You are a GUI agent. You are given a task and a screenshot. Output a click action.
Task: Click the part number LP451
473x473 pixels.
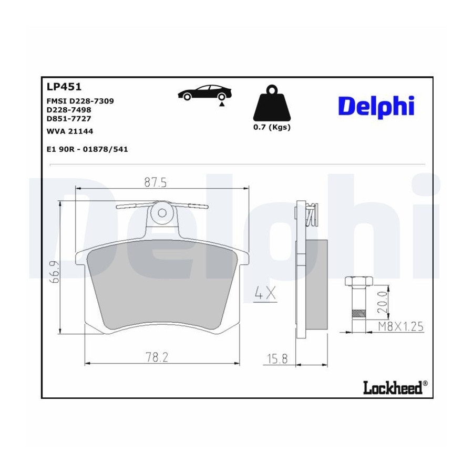(64, 87)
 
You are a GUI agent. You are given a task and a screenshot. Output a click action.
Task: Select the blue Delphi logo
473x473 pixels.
(376, 107)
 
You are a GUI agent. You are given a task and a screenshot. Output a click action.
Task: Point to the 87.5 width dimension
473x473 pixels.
(156, 182)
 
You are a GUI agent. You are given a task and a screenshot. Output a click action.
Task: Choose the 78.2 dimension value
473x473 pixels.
(157, 357)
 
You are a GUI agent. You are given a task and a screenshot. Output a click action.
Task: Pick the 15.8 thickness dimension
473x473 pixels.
(277, 359)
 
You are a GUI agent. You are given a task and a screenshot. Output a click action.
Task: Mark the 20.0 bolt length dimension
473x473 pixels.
(382, 302)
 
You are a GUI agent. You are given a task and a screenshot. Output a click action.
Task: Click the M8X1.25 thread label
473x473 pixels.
(401, 326)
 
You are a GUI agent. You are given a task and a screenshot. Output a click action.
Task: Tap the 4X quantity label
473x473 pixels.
(265, 293)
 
